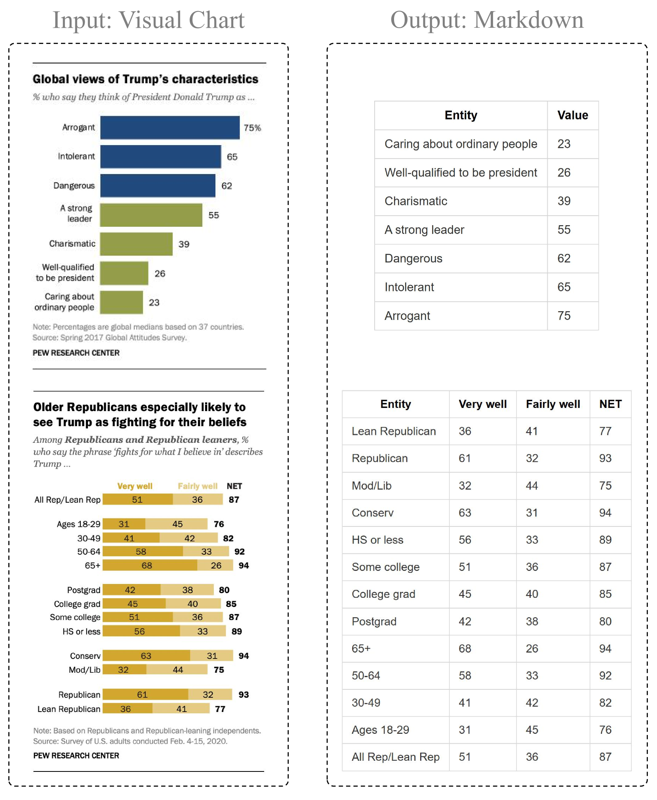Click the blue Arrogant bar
(169, 127)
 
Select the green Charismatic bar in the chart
(136, 244)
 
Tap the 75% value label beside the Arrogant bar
(252, 128)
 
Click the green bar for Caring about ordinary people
(121, 302)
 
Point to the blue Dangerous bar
(158, 186)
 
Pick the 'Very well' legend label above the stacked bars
(135, 486)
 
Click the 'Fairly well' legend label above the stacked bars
(197, 486)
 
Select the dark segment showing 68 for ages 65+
(150, 565)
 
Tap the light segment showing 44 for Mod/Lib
(177, 670)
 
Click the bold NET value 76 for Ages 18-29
(219, 524)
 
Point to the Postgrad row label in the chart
(84, 590)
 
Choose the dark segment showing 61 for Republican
(145, 695)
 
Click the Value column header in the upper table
(572, 115)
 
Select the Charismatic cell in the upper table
(416, 201)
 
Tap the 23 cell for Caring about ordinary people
(564, 144)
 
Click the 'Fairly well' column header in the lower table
(552, 404)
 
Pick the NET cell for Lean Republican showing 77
(605, 431)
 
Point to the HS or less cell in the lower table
(377, 540)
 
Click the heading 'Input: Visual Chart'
(149, 20)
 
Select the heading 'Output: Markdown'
(487, 20)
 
